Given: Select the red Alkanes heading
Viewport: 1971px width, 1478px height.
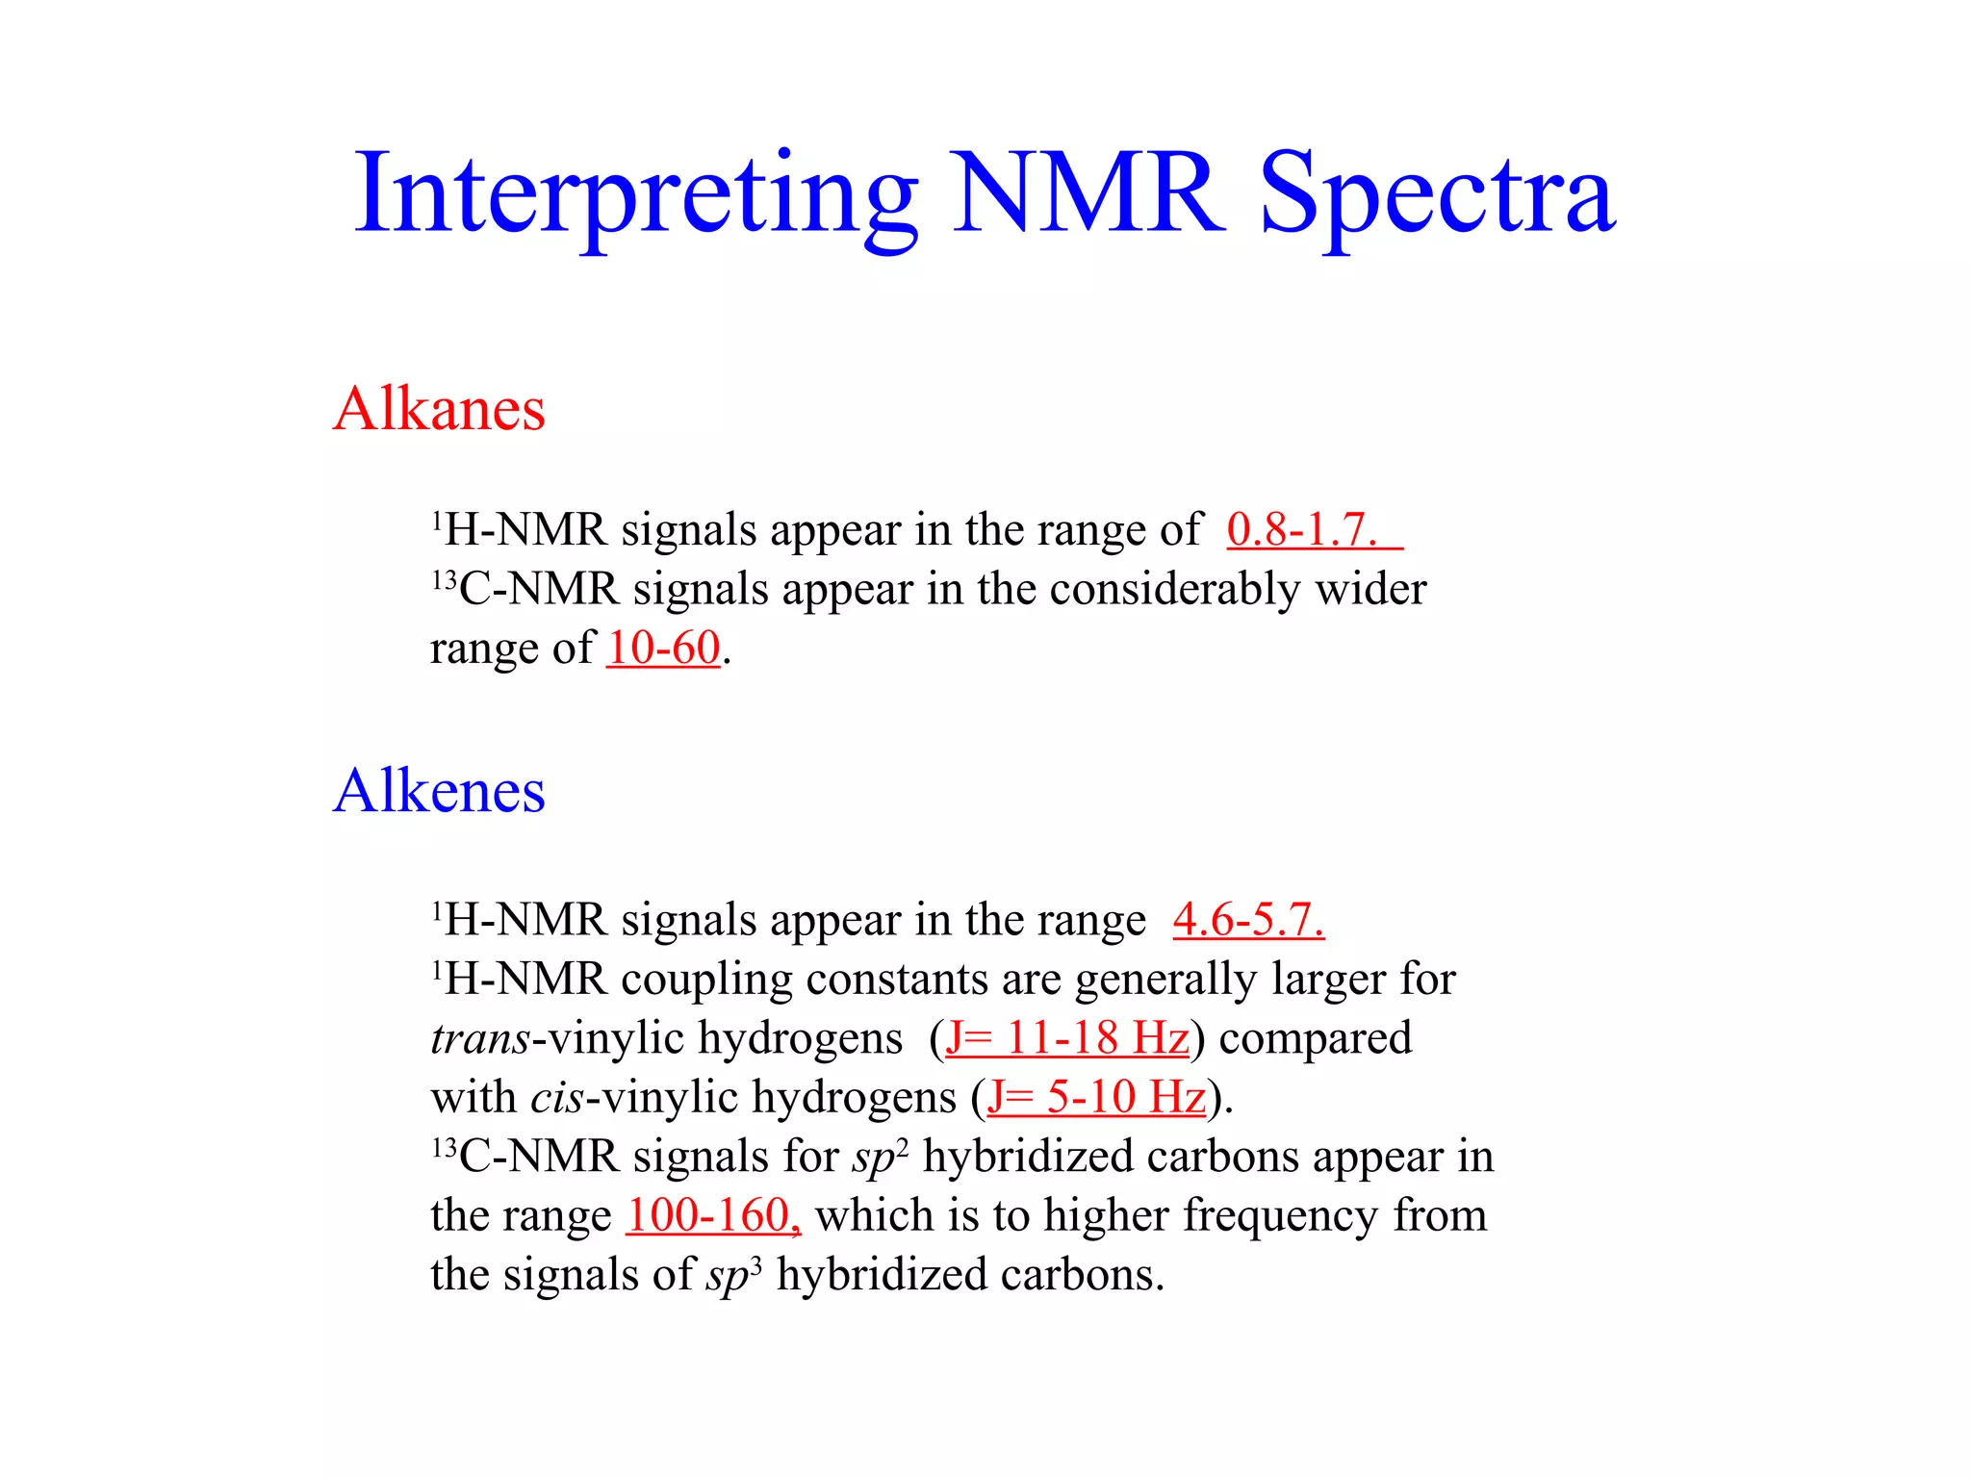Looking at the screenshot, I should click(x=439, y=408).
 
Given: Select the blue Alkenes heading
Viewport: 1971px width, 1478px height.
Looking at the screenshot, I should click(x=439, y=791).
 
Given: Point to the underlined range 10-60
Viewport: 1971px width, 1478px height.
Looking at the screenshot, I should click(x=663, y=648).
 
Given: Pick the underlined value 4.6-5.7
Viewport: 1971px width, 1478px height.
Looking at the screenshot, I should click(x=1248, y=919).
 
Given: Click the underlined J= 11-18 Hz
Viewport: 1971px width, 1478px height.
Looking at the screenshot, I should click(x=1067, y=1037).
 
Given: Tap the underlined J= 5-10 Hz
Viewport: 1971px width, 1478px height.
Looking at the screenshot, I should click(x=1096, y=1097).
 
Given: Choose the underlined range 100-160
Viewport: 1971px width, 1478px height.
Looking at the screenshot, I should click(x=712, y=1215).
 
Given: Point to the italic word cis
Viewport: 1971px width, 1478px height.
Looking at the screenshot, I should click(x=557, y=1097).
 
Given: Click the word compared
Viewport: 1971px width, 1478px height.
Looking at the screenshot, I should click(x=1316, y=1038).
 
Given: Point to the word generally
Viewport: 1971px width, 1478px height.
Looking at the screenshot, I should click(x=1165, y=980).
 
